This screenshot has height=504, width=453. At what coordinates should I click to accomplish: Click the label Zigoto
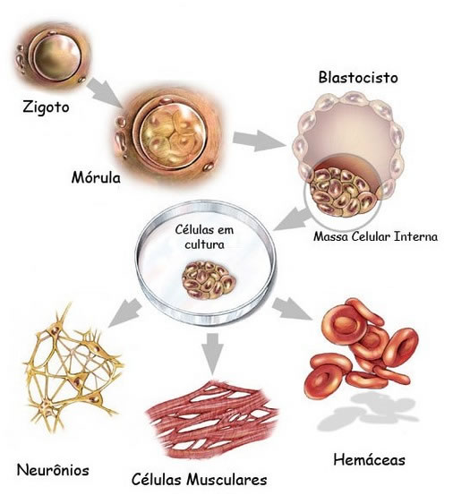[x=46, y=107]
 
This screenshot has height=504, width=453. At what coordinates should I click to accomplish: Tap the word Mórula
[x=96, y=177]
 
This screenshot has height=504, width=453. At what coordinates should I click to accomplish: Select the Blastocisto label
[x=358, y=78]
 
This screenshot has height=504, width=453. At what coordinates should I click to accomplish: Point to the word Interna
[x=416, y=236]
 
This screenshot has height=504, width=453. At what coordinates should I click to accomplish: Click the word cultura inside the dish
[x=204, y=244]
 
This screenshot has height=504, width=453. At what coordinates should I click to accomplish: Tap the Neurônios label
[x=53, y=470]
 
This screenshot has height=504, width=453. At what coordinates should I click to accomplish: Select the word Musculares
[x=227, y=480]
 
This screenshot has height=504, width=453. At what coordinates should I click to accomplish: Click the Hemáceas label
[x=369, y=459]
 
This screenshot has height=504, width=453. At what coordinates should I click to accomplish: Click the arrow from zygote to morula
[x=105, y=92]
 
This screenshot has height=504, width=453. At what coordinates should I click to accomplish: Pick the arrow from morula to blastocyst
[x=259, y=141]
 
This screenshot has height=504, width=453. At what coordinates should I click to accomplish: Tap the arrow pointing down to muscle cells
[x=212, y=354]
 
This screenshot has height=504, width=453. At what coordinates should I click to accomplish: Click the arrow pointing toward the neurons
[x=124, y=312]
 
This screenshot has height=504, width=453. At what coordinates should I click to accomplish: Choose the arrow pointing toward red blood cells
[x=292, y=309]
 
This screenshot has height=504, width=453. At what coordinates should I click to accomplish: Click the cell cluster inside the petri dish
[x=209, y=280]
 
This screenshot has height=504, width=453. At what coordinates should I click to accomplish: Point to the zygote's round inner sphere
[x=56, y=57]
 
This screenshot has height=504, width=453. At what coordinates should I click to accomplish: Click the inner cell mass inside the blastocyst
[x=343, y=192]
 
